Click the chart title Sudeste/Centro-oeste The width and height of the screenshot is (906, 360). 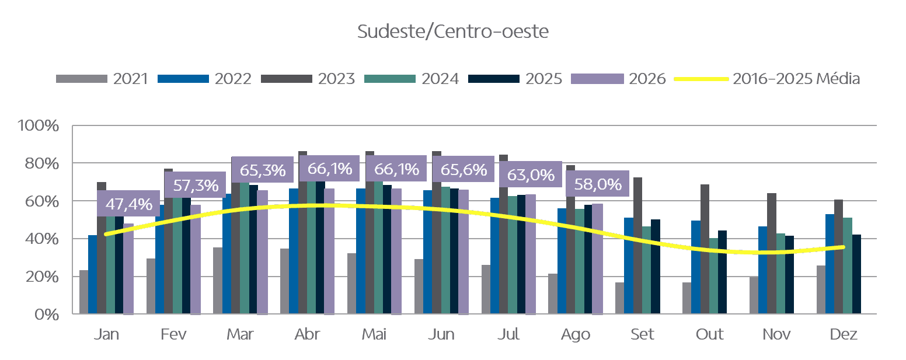point(452,32)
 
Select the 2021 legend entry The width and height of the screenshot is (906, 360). point(102,79)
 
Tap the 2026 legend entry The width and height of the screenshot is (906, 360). point(618,79)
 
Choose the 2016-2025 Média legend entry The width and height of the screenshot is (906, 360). point(767,79)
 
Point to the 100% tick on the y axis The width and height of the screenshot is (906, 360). point(39,125)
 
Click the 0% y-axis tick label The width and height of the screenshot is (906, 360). point(47,314)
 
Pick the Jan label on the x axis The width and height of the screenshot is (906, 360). point(106,334)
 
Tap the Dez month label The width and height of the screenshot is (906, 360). point(844,334)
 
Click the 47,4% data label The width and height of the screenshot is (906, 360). point(128,204)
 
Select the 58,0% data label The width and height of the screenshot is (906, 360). point(597,184)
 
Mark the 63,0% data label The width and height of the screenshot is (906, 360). point(531,174)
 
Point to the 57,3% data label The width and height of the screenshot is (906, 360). point(196,185)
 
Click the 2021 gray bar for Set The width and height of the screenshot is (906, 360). point(619,298)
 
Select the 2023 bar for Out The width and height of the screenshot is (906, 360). point(705,249)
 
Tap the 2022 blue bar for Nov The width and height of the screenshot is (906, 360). point(762,270)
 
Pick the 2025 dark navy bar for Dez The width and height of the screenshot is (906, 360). point(856,274)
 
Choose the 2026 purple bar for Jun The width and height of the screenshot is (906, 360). point(464,251)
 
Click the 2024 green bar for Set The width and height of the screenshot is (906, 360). point(646,270)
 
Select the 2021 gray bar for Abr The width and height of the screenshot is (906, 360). point(285,281)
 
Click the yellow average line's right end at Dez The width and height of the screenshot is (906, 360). point(844,247)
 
